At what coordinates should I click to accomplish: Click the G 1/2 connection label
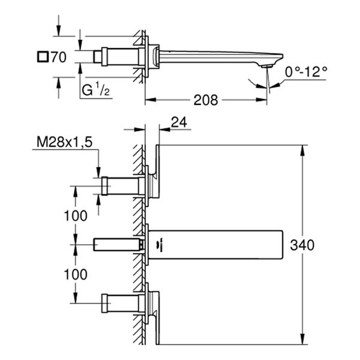tap(95, 90)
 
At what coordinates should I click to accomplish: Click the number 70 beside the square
tap(58, 58)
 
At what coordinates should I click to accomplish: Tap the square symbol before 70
tap(41, 58)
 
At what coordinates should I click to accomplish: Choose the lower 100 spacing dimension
tap(75, 275)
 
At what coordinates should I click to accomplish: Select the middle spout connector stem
tap(116, 244)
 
